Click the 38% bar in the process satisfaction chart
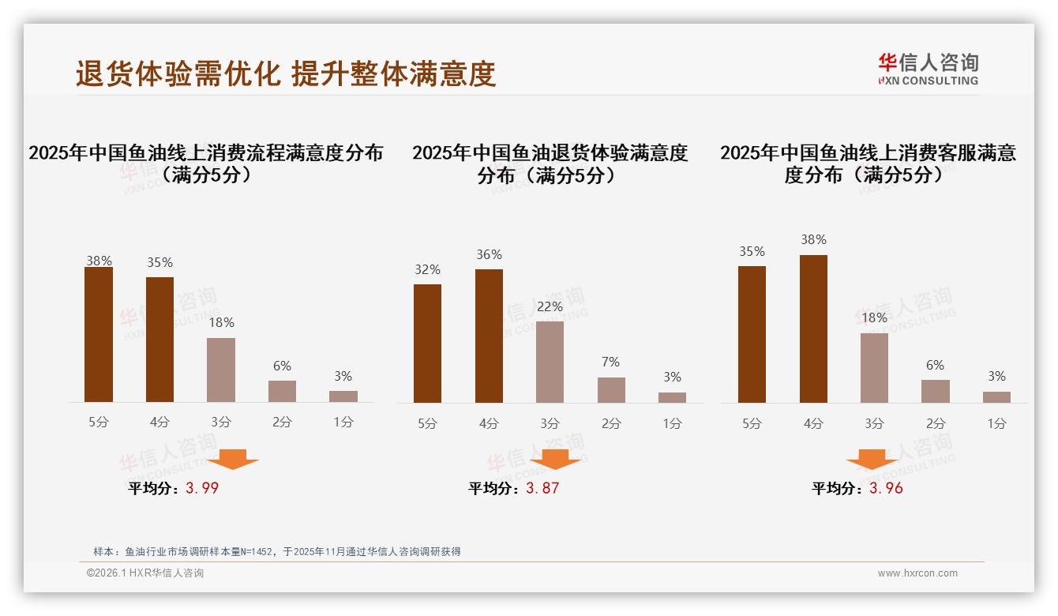pos(99,335)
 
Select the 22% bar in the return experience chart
pos(550,362)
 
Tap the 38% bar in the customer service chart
pos(813,329)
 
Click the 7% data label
pos(610,362)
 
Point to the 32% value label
pos(427,269)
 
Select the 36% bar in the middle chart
pos(489,336)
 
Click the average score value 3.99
pos(202,488)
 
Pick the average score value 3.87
pos(542,488)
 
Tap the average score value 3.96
pos(886,488)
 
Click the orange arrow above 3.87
pos(555,459)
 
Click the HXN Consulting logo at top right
pos(928,69)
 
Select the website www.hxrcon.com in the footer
pos(917,573)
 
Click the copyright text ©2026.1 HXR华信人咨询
pos(145,573)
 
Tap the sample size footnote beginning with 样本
pos(276,552)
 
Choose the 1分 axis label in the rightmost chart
pos(996,423)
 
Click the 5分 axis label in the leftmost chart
pos(99,422)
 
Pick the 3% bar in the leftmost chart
pos(343,396)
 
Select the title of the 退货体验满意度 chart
pos(550,163)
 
